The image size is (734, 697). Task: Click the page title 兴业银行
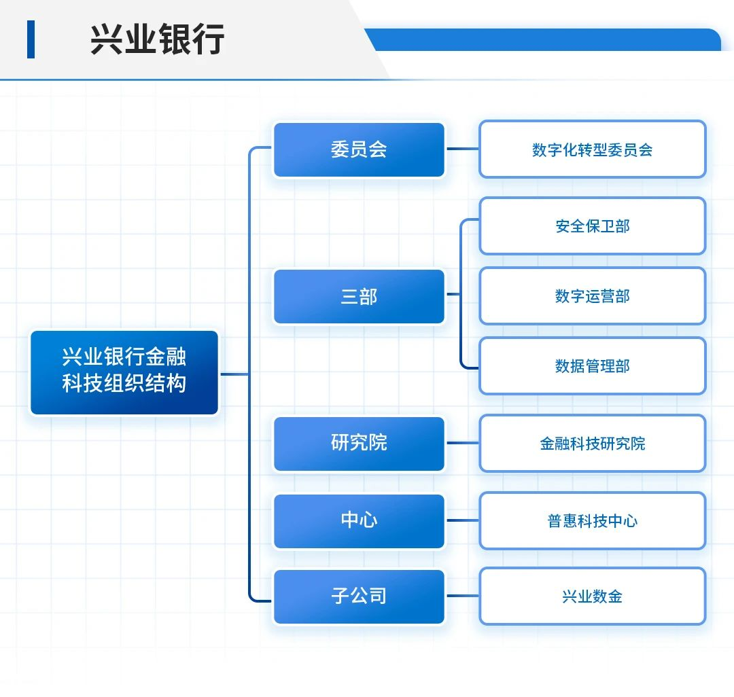click(x=157, y=39)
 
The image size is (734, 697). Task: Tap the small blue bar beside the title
click(x=31, y=39)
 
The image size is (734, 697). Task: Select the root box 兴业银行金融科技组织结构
click(x=124, y=372)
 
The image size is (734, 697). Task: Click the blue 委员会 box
click(x=359, y=150)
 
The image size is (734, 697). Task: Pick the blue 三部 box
click(x=359, y=297)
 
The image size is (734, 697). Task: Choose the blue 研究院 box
click(x=359, y=444)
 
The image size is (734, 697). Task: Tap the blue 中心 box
click(x=359, y=521)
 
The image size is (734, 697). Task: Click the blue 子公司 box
click(x=359, y=596)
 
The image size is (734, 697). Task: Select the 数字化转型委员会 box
click(x=592, y=149)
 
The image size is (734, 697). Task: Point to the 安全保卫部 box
click(x=592, y=226)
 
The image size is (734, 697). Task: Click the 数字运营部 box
click(x=592, y=296)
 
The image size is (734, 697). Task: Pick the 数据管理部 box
click(x=592, y=366)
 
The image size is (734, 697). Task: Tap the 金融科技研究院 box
click(x=592, y=444)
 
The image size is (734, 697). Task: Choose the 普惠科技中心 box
click(x=592, y=521)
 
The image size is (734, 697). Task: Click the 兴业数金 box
click(x=592, y=596)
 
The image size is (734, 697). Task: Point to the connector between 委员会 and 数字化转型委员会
click(x=462, y=149)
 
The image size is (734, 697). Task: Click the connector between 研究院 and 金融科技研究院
click(x=462, y=443)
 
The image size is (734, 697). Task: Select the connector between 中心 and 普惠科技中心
click(x=462, y=520)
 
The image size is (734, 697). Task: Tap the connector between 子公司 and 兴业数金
click(x=462, y=596)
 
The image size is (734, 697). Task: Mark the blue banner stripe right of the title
click(x=544, y=40)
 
